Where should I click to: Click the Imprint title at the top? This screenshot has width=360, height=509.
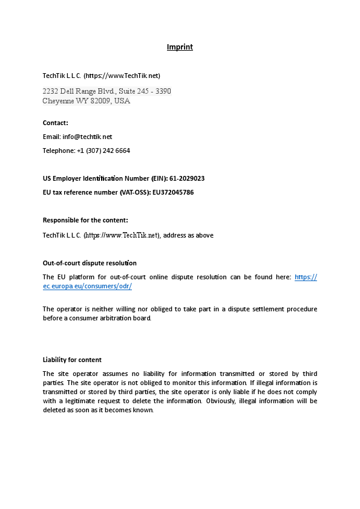tap(180, 47)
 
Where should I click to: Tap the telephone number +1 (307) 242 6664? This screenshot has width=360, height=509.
tap(103, 150)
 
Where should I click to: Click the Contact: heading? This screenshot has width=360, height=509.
tap(55, 123)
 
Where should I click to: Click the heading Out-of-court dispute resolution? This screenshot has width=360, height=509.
tap(90, 263)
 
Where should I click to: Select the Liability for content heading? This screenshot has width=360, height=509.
tap(72, 360)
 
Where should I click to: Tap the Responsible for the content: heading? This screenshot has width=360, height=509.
tap(85, 220)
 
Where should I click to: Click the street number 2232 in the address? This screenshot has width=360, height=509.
tap(50, 91)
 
